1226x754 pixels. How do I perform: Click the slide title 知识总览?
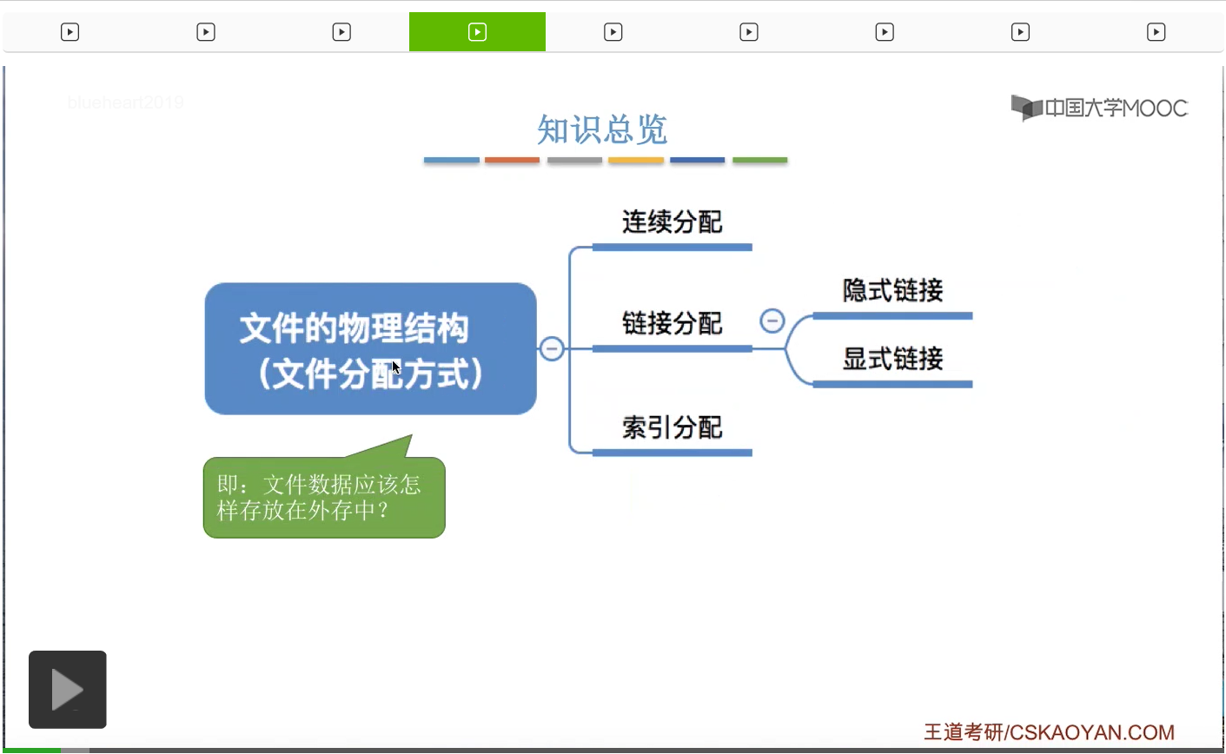(x=601, y=130)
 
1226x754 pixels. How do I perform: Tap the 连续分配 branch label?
(x=672, y=222)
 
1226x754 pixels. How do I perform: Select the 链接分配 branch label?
(x=672, y=324)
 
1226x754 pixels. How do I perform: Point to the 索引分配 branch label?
(x=672, y=427)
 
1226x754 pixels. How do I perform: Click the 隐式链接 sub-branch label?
(x=892, y=290)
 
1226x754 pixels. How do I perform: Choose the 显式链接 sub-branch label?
(x=892, y=359)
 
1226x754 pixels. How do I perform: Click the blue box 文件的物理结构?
(x=370, y=348)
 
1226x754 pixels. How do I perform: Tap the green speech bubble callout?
(x=324, y=497)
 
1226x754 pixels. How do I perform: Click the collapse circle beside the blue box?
(x=552, y=348)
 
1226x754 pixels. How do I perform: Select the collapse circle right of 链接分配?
(x=772, y=321)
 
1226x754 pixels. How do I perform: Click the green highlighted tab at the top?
(x=477, y=32)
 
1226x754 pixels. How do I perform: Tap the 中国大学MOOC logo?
(x=1099, y=108)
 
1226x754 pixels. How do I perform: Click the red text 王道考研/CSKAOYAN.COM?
(x=1049, y=732)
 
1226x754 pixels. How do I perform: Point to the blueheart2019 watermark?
(x=125, y=103)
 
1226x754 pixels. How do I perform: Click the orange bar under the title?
(x=512, y=160)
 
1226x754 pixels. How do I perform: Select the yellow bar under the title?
(x=636, y=160)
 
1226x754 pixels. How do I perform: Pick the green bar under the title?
(x=759, y=160)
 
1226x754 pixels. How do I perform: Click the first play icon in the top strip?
(x=70, y=32)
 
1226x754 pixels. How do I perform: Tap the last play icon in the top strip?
(x=1156, y=32)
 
